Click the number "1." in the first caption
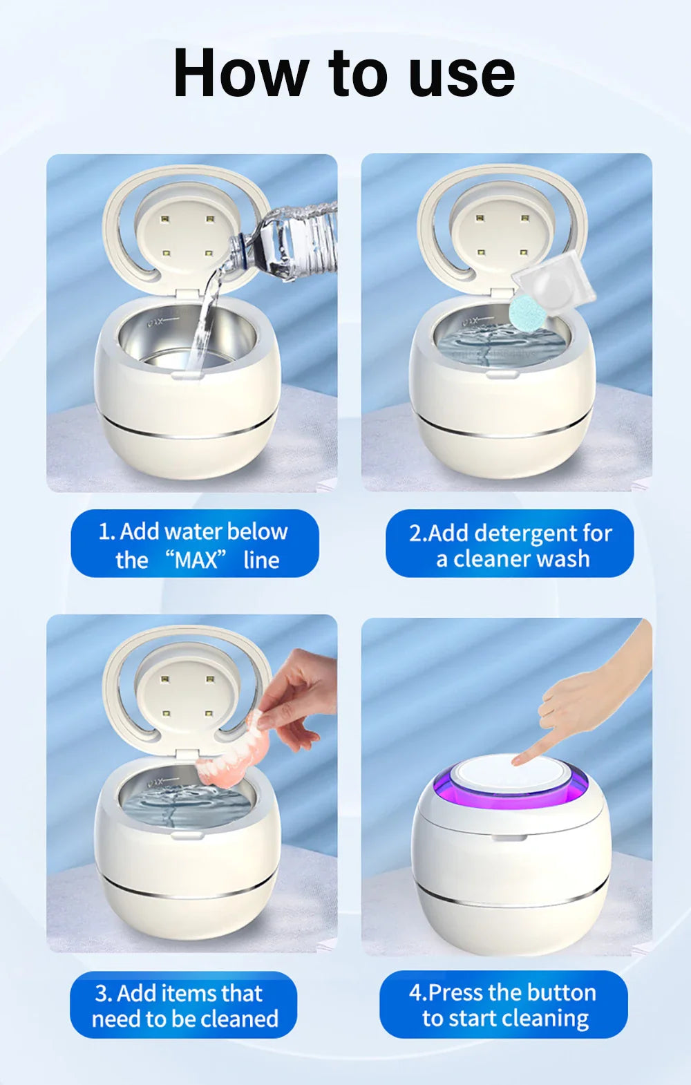[x=106, y=531]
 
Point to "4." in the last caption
[x=417, y=993]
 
